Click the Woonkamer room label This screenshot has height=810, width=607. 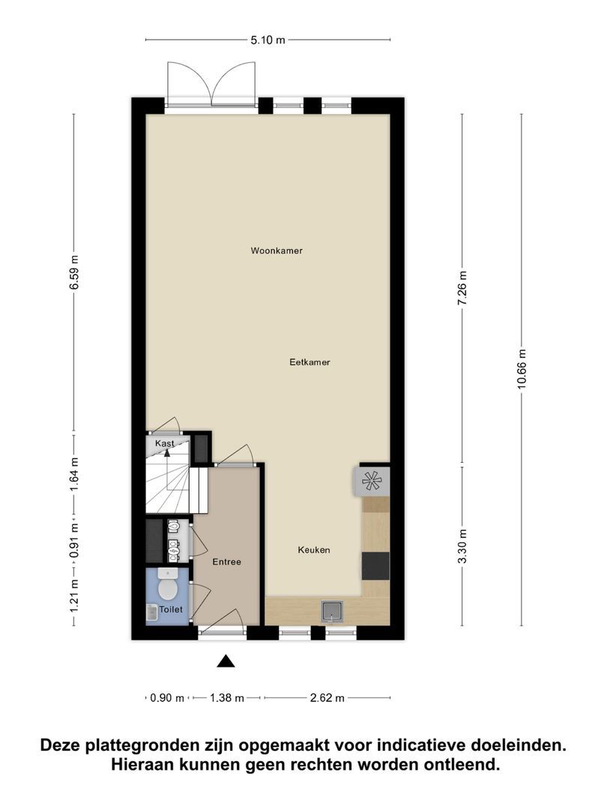[277, 250]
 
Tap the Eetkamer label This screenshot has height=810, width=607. [309, 362]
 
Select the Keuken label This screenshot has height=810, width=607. [314, 550]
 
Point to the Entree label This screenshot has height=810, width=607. [226, 562]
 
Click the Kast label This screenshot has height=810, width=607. [165, 443]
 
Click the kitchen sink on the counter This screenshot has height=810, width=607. [333, 612]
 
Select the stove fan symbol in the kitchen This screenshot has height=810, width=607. [372, 481]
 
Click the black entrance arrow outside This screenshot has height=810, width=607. [226, 661]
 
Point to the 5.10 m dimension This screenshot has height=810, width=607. [268, 40]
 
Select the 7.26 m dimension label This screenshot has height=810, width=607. [462, 288]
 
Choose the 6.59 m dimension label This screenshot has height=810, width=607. [74, 272]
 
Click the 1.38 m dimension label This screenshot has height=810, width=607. [226, 698]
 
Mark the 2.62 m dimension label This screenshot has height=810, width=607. [327, 698]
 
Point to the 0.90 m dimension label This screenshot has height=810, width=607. [167, 698]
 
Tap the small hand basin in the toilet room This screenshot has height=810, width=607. [151, 613]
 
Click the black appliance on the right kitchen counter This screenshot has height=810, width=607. [375, 565]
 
